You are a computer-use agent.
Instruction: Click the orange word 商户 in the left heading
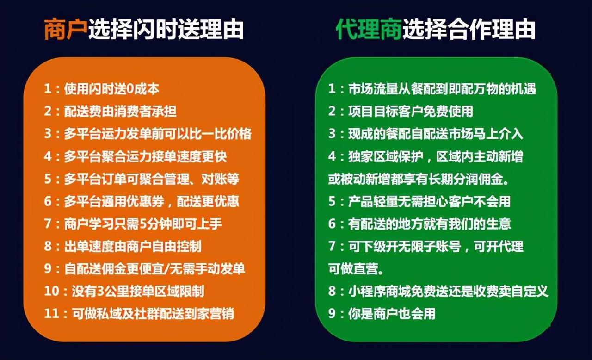[x=66, y=29]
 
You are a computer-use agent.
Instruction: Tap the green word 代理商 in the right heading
[x=369, y=29]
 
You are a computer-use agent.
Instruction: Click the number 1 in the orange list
[x=48, y=88]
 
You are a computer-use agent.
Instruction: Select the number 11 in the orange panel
[x=51, y=313]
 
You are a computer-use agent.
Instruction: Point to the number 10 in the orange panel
[x=52, y=291]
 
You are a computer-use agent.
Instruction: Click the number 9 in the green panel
[x=332, y=313]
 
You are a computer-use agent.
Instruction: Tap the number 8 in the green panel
[x=332, y=291]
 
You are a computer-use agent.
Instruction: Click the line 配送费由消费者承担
[x=120, y=111]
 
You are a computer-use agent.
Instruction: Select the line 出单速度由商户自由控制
[x=133, y=246]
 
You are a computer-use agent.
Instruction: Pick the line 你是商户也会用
[x=392, y=313]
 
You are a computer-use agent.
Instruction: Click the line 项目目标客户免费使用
[x=410, y=111]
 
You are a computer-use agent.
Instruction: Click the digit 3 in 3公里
[x=101, y=291]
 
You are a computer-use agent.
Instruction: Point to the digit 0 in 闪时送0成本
[x=130, y=89]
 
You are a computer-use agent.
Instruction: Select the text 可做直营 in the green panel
[x=353, y=268]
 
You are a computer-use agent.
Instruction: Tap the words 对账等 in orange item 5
[x=220, y=179]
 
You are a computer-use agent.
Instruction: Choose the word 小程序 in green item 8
[x=367, y=291]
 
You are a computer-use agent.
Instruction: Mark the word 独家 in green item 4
[x=360, y=156]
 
